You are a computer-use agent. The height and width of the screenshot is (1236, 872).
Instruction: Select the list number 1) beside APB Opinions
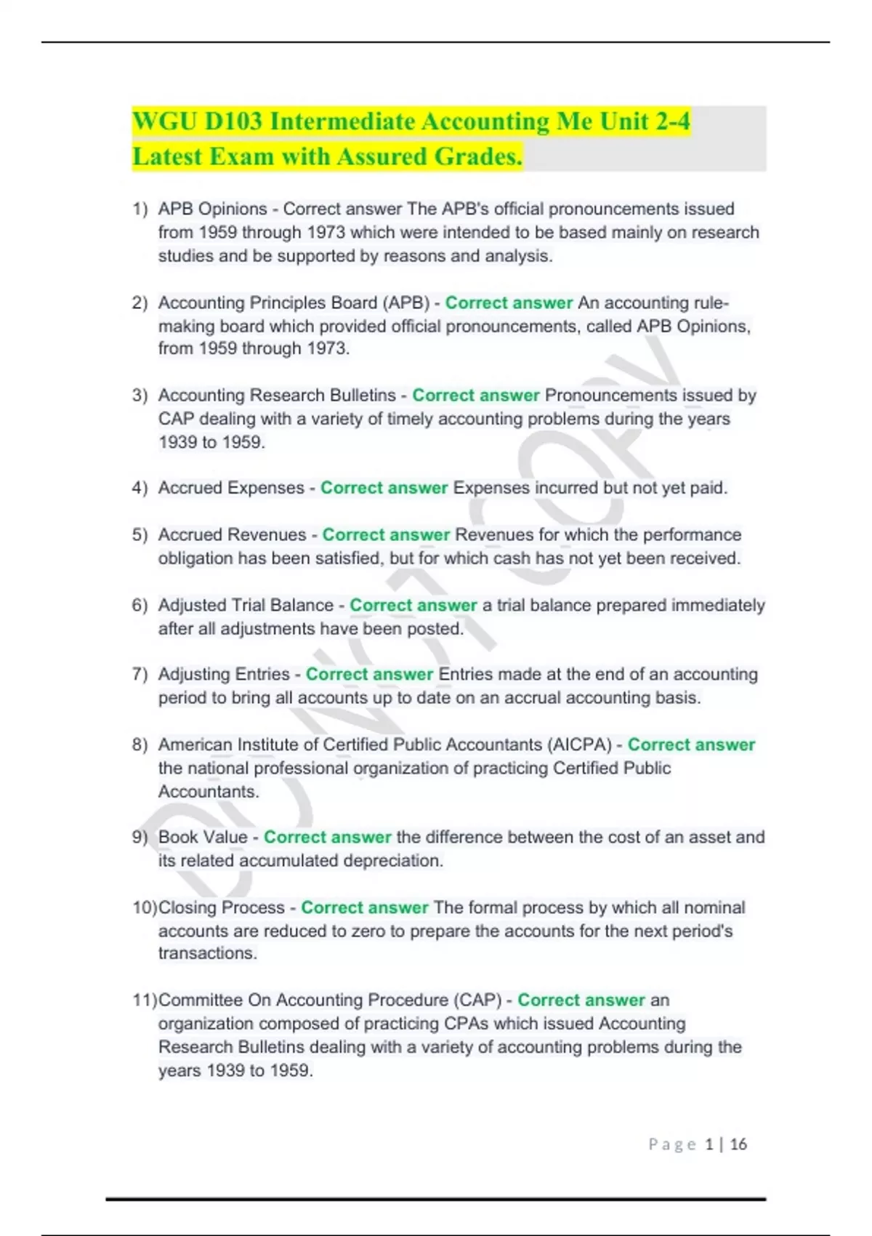[140, 209]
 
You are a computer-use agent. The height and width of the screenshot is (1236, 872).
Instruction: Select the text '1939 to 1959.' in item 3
[211, 442]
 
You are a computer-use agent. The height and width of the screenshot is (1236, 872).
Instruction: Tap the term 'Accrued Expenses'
[231, 488]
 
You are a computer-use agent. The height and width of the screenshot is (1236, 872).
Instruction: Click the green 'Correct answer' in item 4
[384, 488]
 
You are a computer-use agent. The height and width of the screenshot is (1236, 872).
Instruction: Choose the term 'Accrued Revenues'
[232, 535]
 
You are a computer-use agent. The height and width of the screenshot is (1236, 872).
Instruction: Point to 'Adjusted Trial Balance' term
[246, 606]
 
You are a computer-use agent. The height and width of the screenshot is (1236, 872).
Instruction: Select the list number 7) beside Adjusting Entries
[140, 675]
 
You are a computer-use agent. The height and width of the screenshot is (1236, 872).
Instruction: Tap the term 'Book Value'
[203, 838]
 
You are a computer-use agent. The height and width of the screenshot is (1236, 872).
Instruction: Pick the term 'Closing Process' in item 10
[222, 908]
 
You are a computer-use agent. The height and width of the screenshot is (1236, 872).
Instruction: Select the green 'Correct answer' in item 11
[581, 1000]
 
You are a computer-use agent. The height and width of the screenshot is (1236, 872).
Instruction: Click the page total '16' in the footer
[738, 1144]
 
